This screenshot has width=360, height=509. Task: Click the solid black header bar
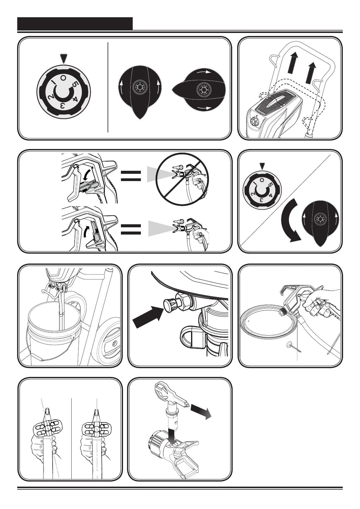(x=75, y=23)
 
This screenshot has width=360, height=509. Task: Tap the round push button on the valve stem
(x=168, y=304)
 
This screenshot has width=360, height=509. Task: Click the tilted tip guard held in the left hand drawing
(x=48, y=427)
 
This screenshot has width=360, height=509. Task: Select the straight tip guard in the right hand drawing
(x=97, y=427)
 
